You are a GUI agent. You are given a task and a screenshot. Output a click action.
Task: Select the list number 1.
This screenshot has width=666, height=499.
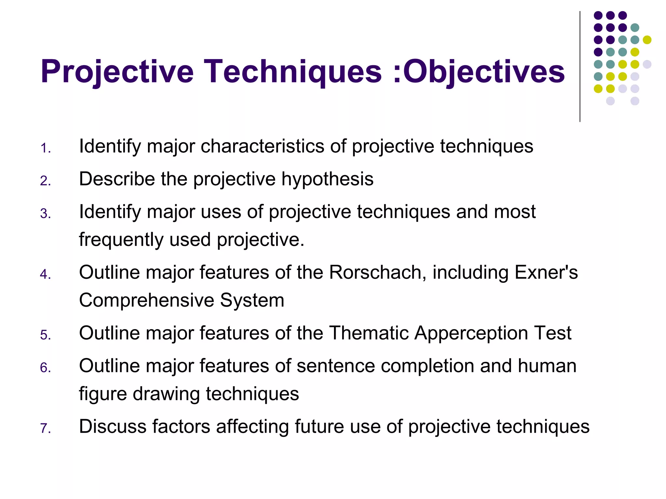(46, 148)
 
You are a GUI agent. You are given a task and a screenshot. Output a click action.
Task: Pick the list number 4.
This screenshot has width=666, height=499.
(46, 275)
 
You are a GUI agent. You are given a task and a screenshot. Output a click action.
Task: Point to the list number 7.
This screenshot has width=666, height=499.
(46, 429)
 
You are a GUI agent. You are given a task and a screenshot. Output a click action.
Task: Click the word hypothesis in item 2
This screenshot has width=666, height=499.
(327, 179)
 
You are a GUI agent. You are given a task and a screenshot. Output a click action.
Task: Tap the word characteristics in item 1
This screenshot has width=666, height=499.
(262, 146)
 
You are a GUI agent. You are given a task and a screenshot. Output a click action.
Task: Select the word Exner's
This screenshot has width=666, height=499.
(546, 272)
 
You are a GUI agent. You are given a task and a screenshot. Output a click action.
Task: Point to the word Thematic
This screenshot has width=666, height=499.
(368, 333)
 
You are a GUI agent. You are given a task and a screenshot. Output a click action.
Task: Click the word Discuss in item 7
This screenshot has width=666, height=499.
(113, 427)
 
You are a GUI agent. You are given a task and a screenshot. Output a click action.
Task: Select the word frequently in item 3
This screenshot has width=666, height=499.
(121, 240)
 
